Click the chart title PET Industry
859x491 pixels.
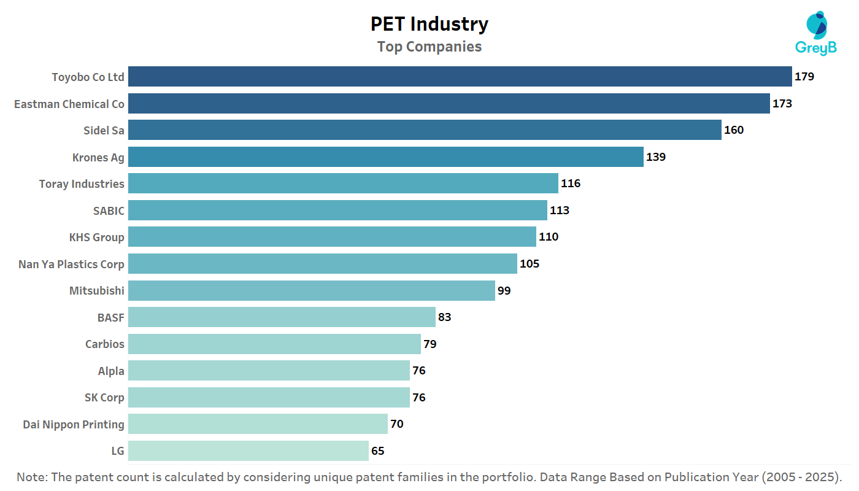pyautogui.click(x=429, y=24)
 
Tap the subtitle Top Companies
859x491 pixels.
pyautogui.click(x=429, y=47)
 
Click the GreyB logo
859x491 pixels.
pyautogui.click(x=816, y=34)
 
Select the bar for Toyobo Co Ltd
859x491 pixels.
pyautogui.click(x=460, y=77)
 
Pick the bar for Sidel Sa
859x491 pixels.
pyautogui.click(x=425, y=130)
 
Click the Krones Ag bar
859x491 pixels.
pyautogui.click(x=386, y=157)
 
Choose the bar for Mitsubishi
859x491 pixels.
pyautogui.click(x=312, y=290)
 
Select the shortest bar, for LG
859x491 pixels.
pyautogui.click(x=248, y=450)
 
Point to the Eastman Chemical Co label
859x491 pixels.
pyautogui.click(x=69, y=104)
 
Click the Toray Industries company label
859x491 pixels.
pyautogui.click(x=82, y=184)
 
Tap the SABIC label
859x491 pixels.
pyautogui.click(x=109, y=211)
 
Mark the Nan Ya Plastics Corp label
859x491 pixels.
pyautogui.click(x=71, y=265)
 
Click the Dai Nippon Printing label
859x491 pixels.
pyautogui.click(x=74, y=424)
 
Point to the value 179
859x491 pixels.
pyautogui.click(x=804, y=77)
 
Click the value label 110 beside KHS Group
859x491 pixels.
pyautogui.click(x=549, y=237)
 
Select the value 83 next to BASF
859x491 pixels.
pyautogui.click(x=445, y=317)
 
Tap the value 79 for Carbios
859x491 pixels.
pyautogui.click(x=430, y=344)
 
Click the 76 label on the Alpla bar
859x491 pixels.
pyautogui.click(x=419, y=371)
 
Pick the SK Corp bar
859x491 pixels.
pyautogui.click(x=269, y=397)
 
